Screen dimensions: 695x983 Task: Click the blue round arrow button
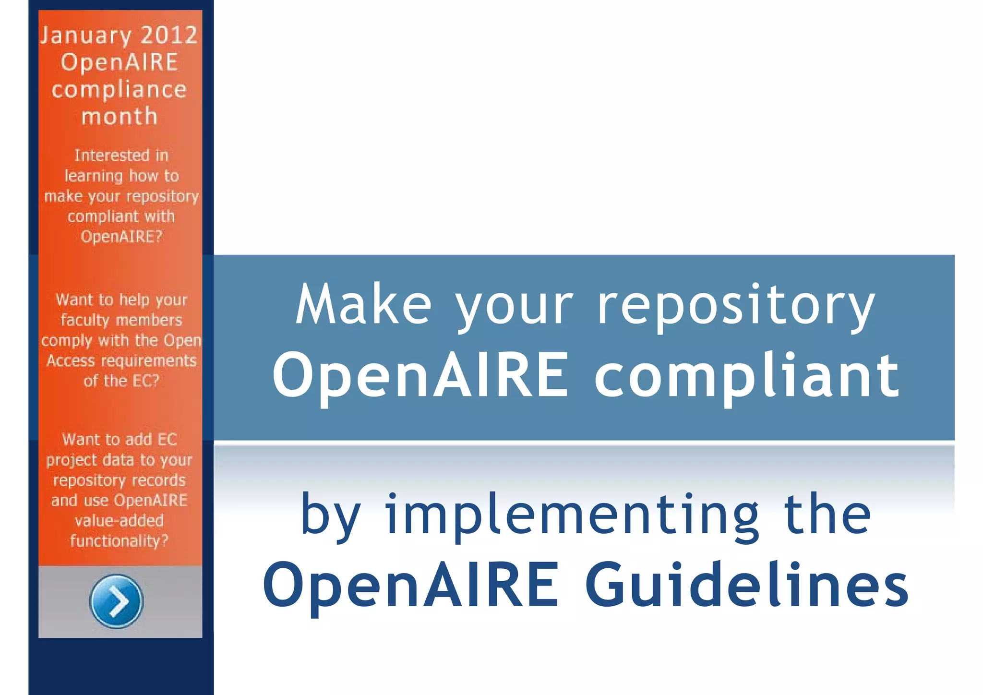click(x=116, y=601)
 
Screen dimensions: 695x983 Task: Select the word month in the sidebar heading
click(x=120, y=117)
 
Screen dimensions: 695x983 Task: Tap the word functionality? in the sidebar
click(x=120, y=541)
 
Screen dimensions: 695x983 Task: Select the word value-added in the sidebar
click(x=120, y=521)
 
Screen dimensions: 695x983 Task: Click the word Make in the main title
click(x=364, y=305)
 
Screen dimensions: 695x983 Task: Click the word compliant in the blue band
click(x=747, y=376)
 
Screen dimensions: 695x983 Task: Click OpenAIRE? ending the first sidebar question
click(x=121, y=237)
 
